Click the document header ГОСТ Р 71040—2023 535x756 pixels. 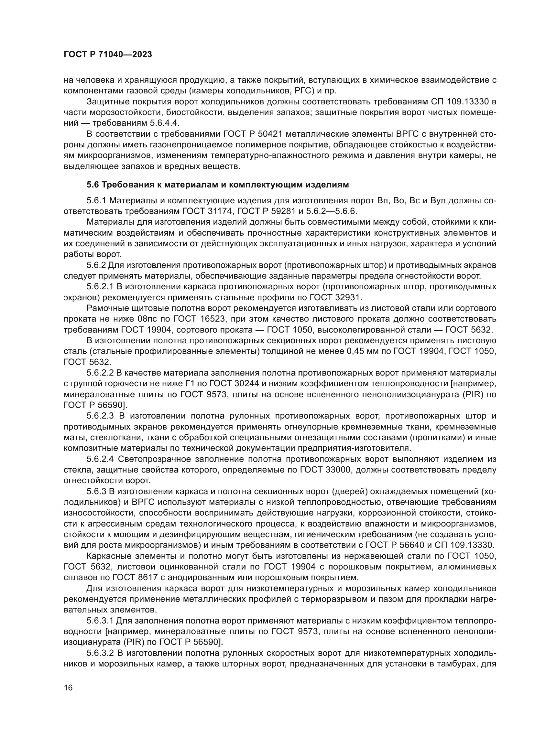click(x=108, y=55)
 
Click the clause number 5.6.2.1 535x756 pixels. click(x=100, y=287)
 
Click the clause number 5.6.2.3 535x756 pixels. click(x=100, y=416)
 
